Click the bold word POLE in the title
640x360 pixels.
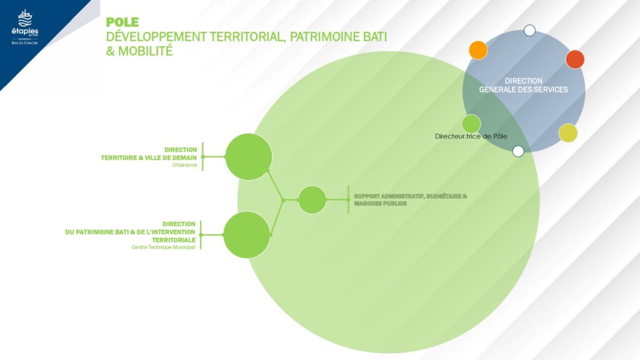122,23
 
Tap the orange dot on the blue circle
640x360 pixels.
478,50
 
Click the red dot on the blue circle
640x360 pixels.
575,59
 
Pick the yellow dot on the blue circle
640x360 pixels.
568,133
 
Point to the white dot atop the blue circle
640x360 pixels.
529,30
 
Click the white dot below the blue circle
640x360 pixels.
518,151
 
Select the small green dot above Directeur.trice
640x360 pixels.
471,124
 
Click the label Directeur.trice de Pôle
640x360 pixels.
471,136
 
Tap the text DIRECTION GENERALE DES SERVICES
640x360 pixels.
524,86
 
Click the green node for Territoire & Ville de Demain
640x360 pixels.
248,157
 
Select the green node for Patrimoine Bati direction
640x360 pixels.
246,235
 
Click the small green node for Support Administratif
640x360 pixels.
312,200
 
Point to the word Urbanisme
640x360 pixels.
185,166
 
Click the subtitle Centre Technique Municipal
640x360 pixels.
164,247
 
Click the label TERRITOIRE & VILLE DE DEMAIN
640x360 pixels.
149,158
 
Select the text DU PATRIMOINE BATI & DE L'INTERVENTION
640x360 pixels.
131,232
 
